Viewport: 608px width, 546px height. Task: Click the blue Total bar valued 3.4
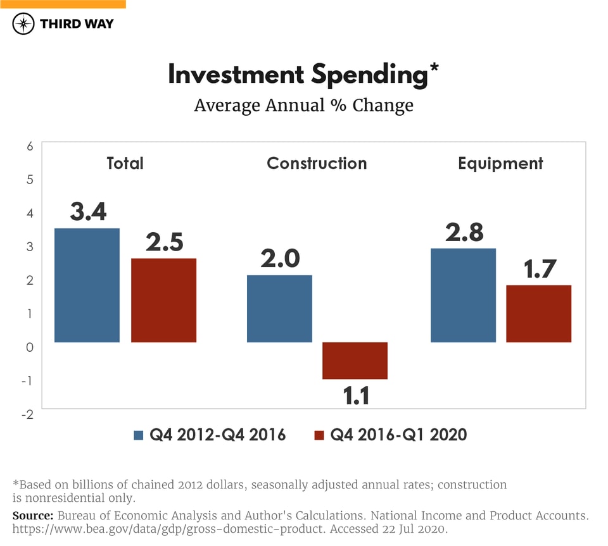87,285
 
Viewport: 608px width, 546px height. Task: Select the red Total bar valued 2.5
163,301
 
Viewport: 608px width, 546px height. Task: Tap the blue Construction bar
279,309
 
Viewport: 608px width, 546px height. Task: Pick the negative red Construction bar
355,361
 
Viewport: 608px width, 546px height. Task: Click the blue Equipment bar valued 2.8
463,295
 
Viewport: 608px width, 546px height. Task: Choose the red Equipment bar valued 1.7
538,314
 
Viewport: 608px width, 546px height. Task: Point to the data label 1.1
356,395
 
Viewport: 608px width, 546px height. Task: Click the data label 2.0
279,258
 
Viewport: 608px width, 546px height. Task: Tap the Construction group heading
317,163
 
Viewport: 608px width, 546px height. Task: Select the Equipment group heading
500,163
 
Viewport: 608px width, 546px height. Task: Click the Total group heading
125,163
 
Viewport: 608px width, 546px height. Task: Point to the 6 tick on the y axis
29,146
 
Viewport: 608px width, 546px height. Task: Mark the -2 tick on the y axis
27,414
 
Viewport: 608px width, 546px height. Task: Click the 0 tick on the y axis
29,347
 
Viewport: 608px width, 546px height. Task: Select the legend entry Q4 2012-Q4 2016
210,435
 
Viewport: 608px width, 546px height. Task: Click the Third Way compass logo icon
23,24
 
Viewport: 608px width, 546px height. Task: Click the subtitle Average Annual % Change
303,105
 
